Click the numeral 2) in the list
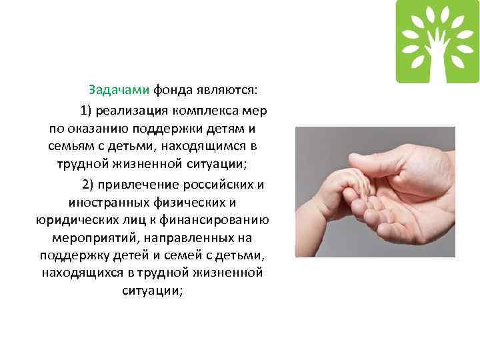click(x=90, y=184)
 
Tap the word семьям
click(x=69, y=145)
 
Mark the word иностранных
click(x=103, y=202)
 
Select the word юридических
click(x=74, y=220)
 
